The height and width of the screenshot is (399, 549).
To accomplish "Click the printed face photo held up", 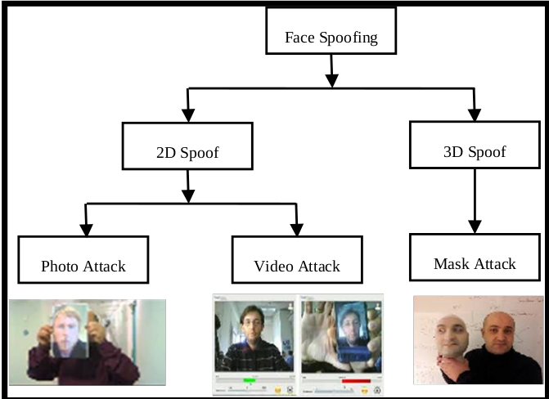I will coord(70,331).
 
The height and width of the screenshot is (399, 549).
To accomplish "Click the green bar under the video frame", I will coord(249,379).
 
